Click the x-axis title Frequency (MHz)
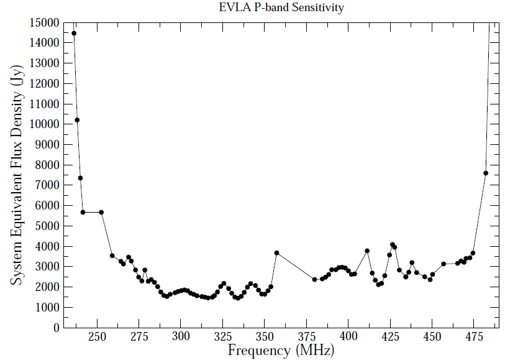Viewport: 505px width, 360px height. point(281,350)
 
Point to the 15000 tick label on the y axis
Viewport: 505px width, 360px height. point(44,23)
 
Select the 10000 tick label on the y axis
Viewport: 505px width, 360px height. point(44,124)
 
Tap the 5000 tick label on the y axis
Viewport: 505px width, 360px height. point(47,226)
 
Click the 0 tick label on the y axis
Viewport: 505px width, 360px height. point(56,328)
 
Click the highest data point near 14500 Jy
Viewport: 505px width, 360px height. point(74,34)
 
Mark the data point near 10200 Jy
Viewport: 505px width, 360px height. point(77,120)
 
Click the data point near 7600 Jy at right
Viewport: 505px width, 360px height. point(486,173)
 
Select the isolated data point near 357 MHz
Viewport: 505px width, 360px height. point(276,253)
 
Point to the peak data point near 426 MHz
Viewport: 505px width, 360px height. point(392,244)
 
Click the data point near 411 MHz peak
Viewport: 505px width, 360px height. point(367,251)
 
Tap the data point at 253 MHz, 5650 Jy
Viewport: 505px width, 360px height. point(101,212)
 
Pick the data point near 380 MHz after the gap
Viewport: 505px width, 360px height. point(315,279)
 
